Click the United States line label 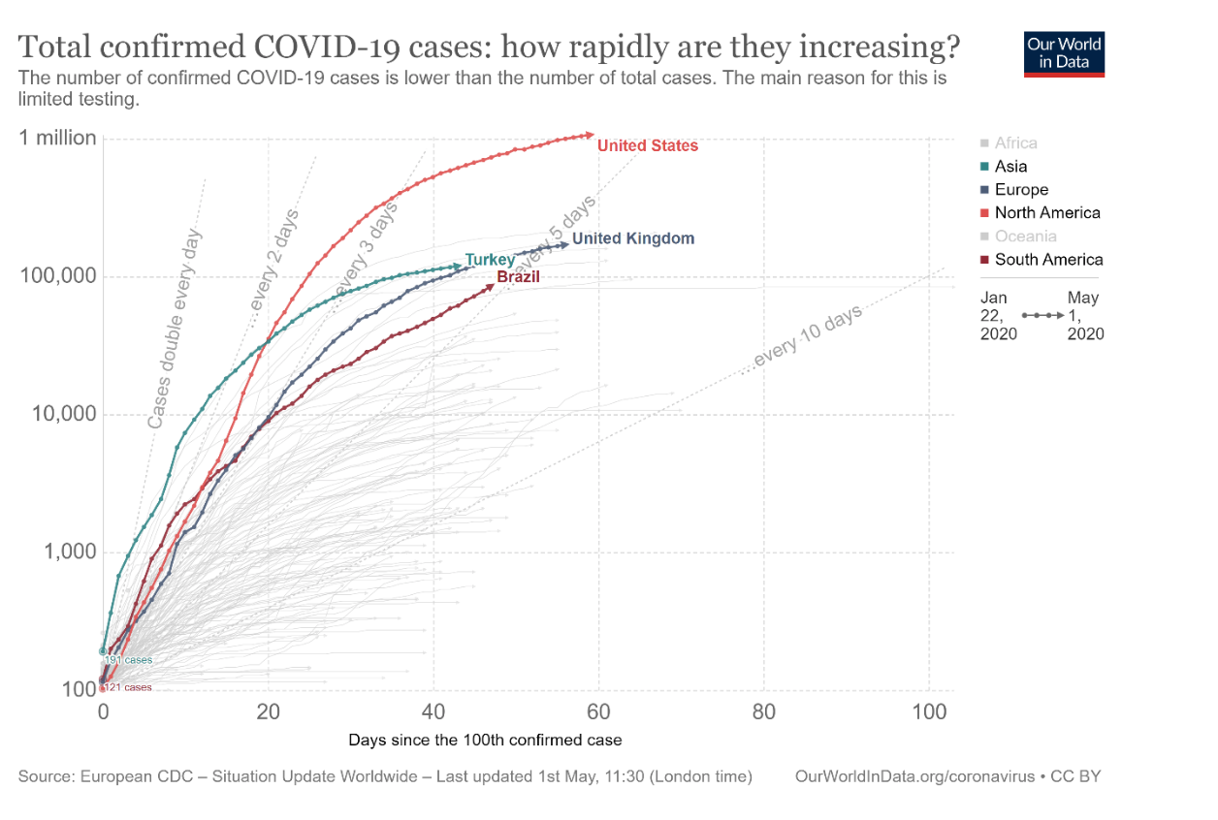pos(647,146)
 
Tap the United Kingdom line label pos(632,238)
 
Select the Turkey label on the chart pos(490,260)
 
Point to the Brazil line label pos(518,278)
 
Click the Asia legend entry pos(1010,167)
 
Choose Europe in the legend pos(1021,190)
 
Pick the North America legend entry pos(1047,213)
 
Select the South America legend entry pos(1048,260)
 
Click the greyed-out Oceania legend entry pos(1025,237)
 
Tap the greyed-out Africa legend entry pos(1015,143)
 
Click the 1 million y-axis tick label pos(58,139)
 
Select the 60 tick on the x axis pos(598,712)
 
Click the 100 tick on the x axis pos(929,712)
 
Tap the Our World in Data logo pos(1064,54)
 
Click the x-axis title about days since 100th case pos(485,740)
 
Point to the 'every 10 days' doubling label pos(807,338)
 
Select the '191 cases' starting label pos(128,660)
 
